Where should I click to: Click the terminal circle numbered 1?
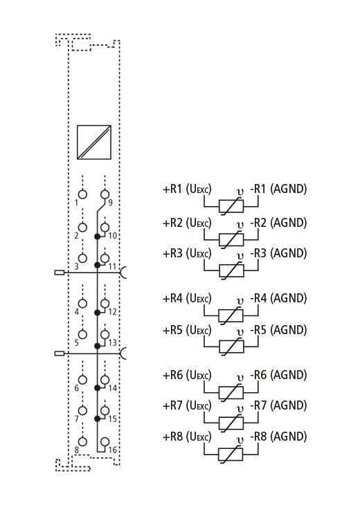(x=83, y=194)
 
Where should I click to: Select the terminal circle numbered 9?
(x=105, y=194)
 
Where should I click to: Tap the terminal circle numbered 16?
(x=105, y=441)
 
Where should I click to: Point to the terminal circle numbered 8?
(x=83, y=441)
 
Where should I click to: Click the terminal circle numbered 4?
(x=83, y=304)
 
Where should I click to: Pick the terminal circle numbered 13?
(x=105, y=334)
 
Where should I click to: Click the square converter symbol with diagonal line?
(x=93, y=142)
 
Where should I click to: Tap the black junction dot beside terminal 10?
(x=97, y=237)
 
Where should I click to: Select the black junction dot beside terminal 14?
(x=97, y=388)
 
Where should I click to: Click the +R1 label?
(x=172, y=189)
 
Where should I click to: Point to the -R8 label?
(x=258, y=437)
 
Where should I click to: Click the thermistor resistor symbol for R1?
(x=231, y=205)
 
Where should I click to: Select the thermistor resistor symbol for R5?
(x=231, y=347)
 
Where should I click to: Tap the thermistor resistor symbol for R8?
(x=231, y=454)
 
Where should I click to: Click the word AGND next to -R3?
(x=289, y=253)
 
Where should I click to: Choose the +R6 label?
(x=172, y=375)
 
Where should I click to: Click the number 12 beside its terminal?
(x=112, y=312)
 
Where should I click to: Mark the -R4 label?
(x=258, y=298)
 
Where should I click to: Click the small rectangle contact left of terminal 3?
(x=60, y=273)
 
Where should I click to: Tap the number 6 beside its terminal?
(x=76, y=388)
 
